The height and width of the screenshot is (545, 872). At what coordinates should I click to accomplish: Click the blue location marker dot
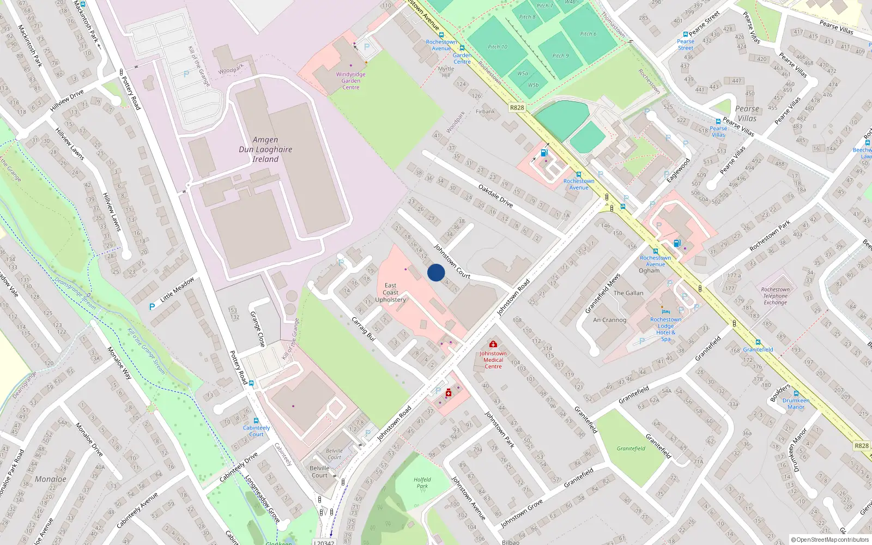[x=436, y=272]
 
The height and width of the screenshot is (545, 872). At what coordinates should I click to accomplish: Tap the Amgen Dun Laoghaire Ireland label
[x=265, y=149]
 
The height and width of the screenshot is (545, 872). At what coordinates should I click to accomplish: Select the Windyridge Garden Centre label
[x=351, y=81]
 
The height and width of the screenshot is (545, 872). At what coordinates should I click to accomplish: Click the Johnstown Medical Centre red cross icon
[x=493, y=344]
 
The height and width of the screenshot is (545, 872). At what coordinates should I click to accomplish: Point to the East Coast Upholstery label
[x=390, y=293]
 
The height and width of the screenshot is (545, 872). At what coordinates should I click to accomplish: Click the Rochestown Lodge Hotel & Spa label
[x=665, y=329]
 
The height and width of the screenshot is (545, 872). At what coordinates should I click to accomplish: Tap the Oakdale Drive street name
[x=495, y=196]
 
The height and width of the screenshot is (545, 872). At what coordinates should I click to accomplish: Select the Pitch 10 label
[x=497, y=47]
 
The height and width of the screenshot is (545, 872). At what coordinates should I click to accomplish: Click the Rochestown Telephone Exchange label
[x=775, y=296]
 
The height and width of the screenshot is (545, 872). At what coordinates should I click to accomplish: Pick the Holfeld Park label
[x=422, y=483]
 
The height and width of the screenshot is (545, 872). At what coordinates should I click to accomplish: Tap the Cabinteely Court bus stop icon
[x=256, y=421]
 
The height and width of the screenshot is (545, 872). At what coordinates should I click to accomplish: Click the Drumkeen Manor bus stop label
[x=796, y=404]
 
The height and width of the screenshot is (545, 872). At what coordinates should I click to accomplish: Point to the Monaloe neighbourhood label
[x=51, y=479]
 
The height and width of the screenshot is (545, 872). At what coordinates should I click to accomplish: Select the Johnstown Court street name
[x=452, y=262]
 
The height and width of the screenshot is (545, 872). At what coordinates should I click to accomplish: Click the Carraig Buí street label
[x=364, y=329]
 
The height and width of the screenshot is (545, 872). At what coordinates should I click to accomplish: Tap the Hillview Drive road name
[x=67, y=101]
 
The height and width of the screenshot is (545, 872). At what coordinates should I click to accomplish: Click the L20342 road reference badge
[x=324, y=542]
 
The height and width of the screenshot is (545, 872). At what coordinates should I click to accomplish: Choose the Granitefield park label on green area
[x=631, y=449]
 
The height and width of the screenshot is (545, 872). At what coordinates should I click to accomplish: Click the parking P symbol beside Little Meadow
[x=152, y=307]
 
